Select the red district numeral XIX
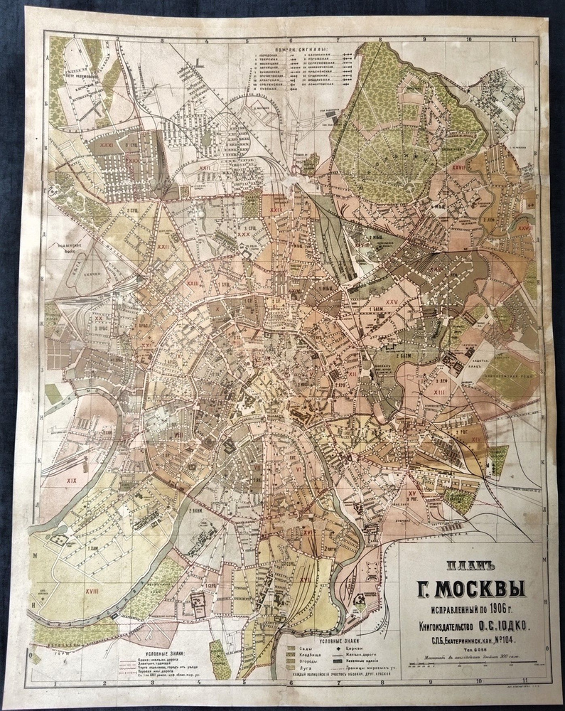tap(71, 481)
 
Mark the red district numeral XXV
tap(391, 302)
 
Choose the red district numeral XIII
tap(439, 392)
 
